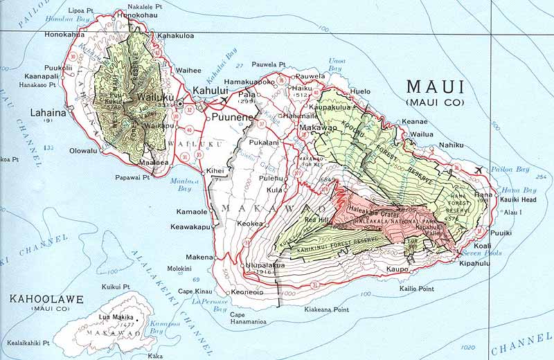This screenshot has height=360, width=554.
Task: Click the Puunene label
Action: [x=230, y=118]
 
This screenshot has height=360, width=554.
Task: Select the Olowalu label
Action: [x=82, y=149]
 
